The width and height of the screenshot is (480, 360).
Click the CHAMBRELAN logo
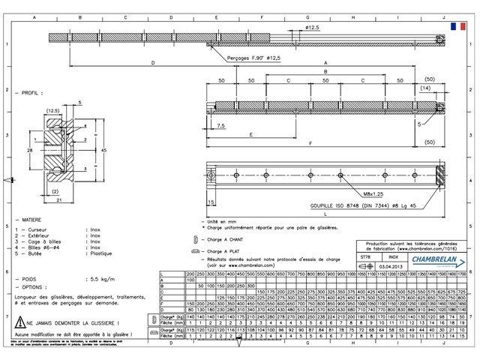(x=435, y=259)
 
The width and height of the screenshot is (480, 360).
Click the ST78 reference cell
(x=365, y=256)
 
